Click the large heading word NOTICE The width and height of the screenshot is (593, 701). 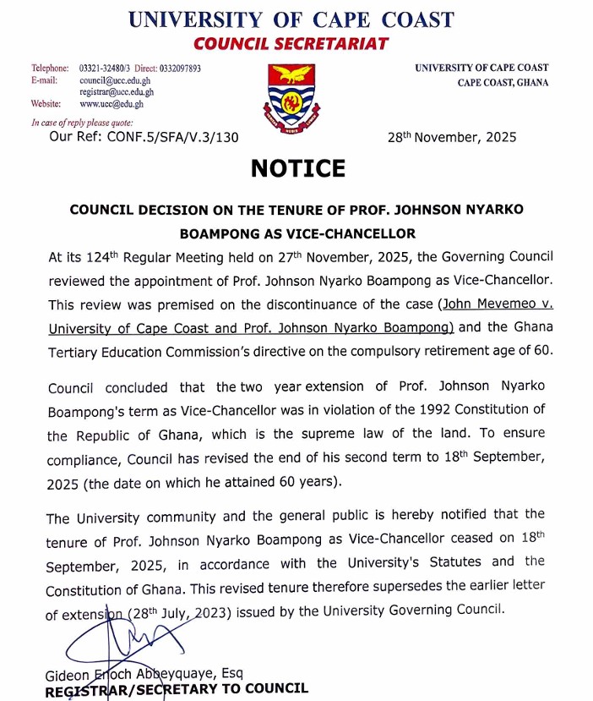coord(297,168)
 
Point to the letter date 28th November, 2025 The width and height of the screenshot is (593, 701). coord(451,137)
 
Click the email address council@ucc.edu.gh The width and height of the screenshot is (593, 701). coord(117,80)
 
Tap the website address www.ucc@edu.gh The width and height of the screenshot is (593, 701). coord(112,104)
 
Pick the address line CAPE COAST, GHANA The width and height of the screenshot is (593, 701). coord(503,83)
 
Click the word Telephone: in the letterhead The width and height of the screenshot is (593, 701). coord(50,68)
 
